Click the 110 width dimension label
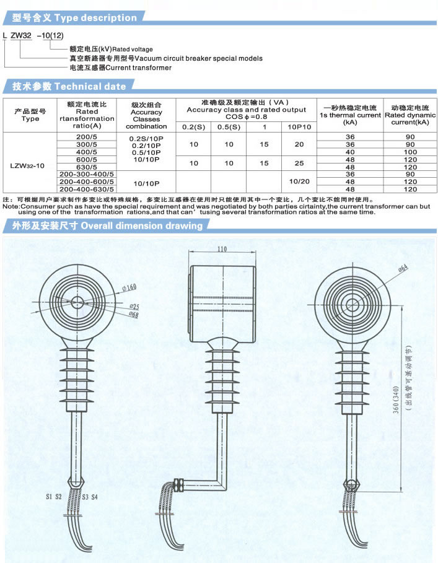[x=222, y=249]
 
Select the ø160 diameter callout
[x=129, y=288]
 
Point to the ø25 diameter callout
[x=134, y=307]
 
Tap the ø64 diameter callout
[x=403, y=269]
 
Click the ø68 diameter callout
[x=134, y=315]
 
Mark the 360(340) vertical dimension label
[x=396, y=400]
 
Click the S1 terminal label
[x=49, y=497]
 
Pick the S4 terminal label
[x=94, y=497]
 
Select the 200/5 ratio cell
[x=87, y=137]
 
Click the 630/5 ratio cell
[x=87, y=167]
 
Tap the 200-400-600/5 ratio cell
[x=87, y=181]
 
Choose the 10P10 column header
[x=299, y=127]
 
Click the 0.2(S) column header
[x=193, y=127]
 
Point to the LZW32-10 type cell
[x=27, y=165]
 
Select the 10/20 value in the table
[x=299, y=181]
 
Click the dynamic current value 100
[x=410, y=152]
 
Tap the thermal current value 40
[x=350, y=152]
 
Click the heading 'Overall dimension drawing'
[x=142, y=225]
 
